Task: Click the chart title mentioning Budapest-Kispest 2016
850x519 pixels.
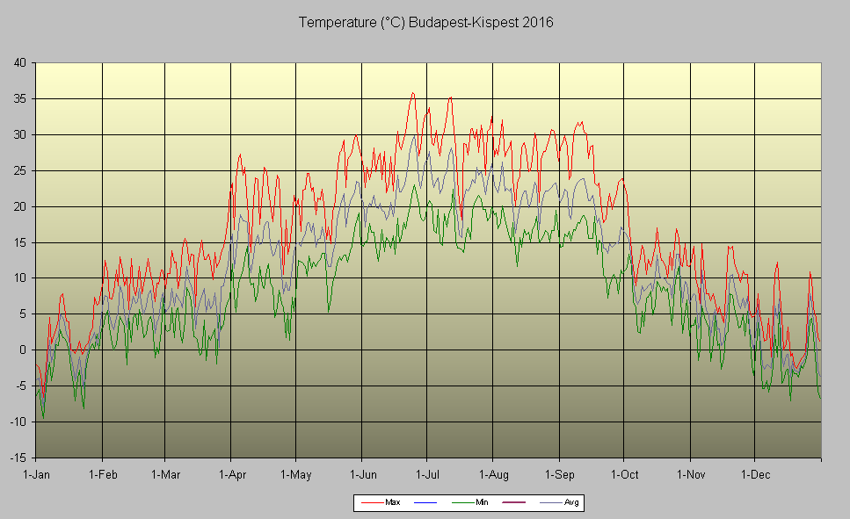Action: [x=425, y=22]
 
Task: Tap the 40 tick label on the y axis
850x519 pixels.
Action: [x=19, y=62]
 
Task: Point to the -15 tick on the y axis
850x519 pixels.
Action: [x=18, y=458]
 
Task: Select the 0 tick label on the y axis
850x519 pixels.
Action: [x=22, y=350]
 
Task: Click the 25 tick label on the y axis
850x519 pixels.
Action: [x=19, y=170]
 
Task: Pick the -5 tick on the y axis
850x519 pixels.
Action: [x=20, y=386]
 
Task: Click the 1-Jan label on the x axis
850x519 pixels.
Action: [x=36, y=474]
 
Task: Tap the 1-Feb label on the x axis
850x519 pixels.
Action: [x=102, y=474]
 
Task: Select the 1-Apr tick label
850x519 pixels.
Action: [x=230, y=474]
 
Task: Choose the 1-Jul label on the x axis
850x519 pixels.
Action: [x=427, y=474]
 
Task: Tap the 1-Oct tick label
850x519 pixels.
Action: [x=623, y=474]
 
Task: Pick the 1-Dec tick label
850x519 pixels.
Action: [x=754, y=474]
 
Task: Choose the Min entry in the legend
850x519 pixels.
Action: [x=475, y=502]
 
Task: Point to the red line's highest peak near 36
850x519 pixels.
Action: [x=412, y=93]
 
